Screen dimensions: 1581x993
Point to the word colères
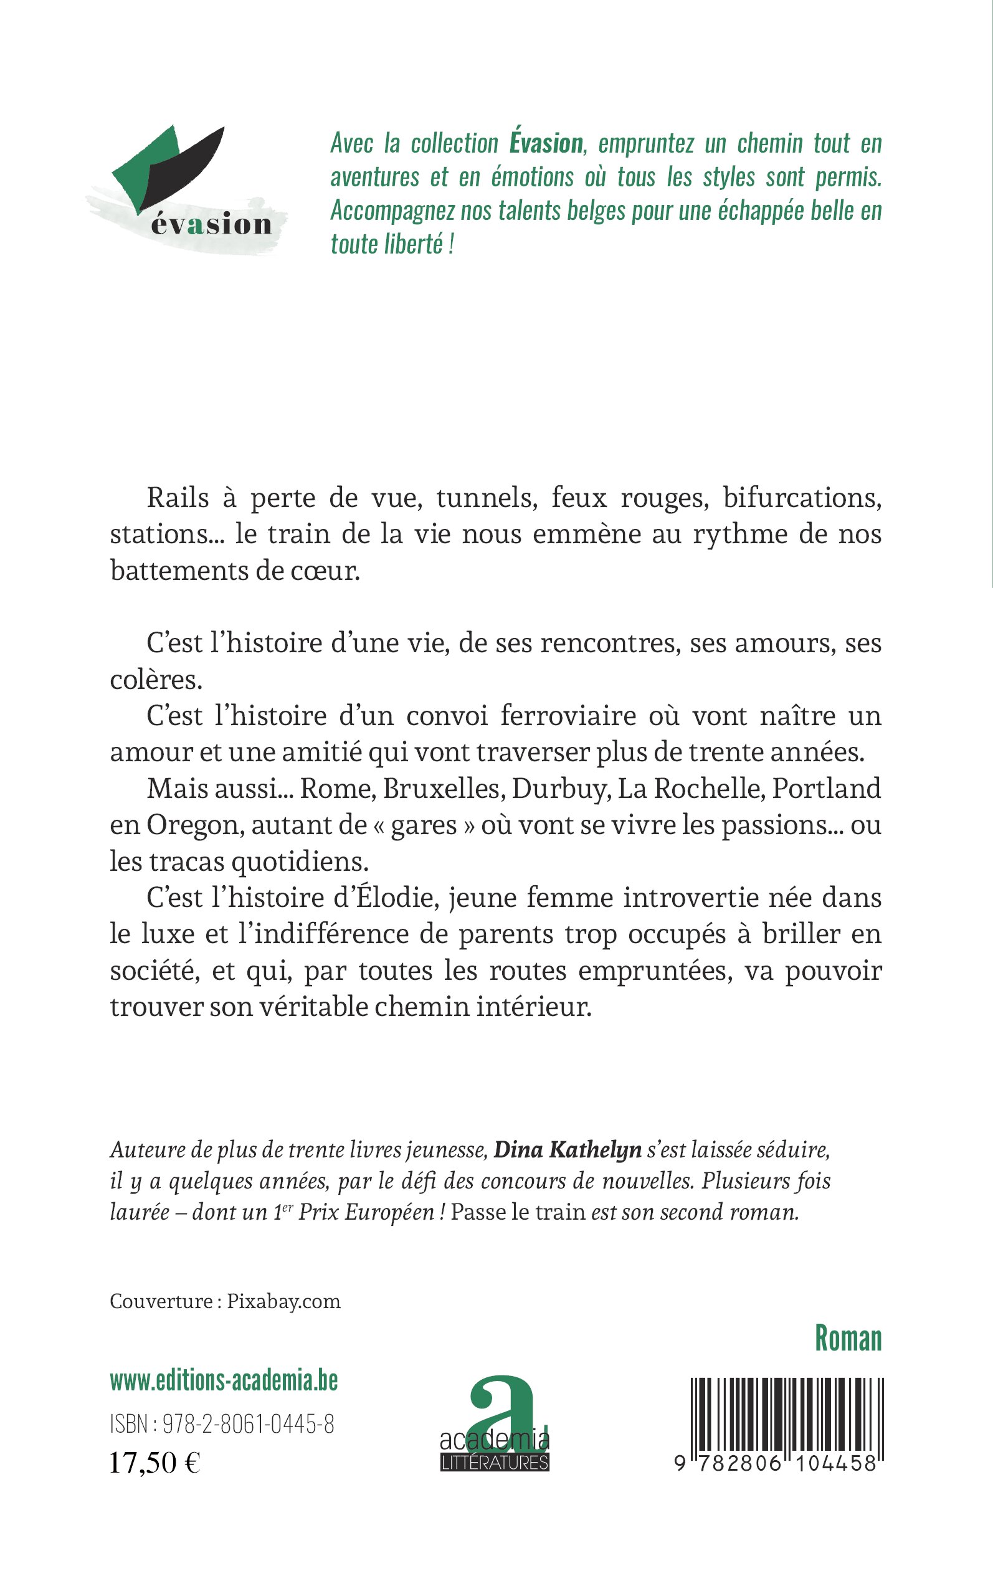click(x=156, y=679)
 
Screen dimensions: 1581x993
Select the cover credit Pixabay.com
click(x=283, y=1301)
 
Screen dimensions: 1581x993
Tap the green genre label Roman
click(x=848, y=1338)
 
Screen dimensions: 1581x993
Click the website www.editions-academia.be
click(x=224, y=1382)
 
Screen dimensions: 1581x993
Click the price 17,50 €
click(x=155, y=1463)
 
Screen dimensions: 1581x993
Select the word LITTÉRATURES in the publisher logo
click(x=495, y=1463)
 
